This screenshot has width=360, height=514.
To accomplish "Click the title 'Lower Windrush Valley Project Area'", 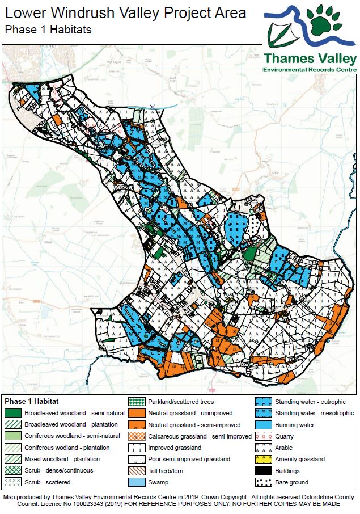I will (x=126, y=12).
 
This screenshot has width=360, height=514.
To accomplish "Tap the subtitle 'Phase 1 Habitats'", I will (x=48, y=29).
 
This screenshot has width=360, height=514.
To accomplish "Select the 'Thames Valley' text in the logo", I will (x=310, y=58).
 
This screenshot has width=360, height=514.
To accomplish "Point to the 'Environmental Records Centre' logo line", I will (x=310, y=69).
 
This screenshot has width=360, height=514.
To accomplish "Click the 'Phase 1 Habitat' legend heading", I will (x=32, y=401).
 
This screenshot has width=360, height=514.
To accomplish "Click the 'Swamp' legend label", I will (x=158, y=483).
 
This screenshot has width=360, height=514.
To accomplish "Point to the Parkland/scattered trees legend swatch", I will (x=138, y=402).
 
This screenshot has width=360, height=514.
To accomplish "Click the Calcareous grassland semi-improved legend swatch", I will (x=138, y=436).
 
